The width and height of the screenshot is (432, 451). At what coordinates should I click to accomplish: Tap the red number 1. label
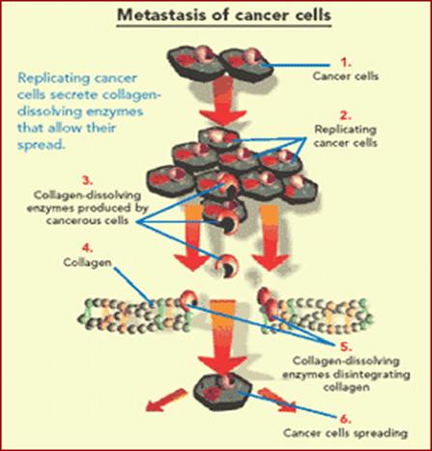coord(346,63)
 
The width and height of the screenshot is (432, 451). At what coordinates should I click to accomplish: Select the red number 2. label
coord(346,115)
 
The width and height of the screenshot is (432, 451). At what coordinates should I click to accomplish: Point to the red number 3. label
coord(87,181)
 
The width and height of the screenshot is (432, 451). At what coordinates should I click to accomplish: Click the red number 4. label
coord(87,248)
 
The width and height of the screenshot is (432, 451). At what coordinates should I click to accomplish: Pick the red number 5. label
coord(346,347)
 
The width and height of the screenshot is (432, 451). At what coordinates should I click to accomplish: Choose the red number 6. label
coord(345,419)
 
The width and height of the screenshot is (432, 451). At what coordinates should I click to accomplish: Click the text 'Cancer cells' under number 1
coord(345,76)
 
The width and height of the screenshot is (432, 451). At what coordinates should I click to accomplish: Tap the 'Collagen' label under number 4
coord(88,263)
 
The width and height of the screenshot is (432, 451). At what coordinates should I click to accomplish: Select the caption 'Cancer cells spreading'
coord(345,433)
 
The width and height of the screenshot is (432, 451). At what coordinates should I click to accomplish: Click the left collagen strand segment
coord(133,316)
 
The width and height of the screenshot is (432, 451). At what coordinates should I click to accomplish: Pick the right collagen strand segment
coord(317,316)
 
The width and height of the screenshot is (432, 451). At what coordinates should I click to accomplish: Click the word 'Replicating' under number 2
coord(345,129)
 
